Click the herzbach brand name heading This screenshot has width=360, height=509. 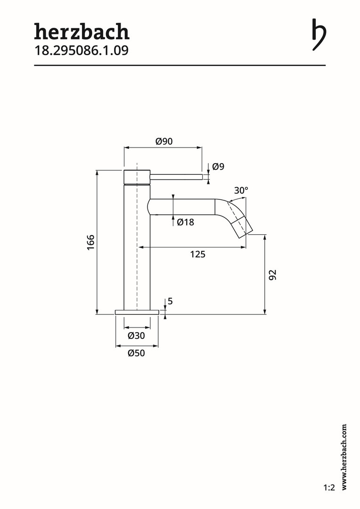point(82,32)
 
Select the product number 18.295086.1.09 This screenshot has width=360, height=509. point(82,50)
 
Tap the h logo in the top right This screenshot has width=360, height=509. point(319,34)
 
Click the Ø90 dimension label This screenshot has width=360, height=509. point(164,141)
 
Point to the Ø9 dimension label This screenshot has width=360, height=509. point(218,166)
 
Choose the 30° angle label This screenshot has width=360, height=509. point(241,190)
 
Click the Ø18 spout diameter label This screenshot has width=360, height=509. point(185,222)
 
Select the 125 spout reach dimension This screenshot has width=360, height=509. point(198,254)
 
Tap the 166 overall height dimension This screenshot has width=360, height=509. point(90,242)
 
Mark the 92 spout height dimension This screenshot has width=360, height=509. point(273,275)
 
